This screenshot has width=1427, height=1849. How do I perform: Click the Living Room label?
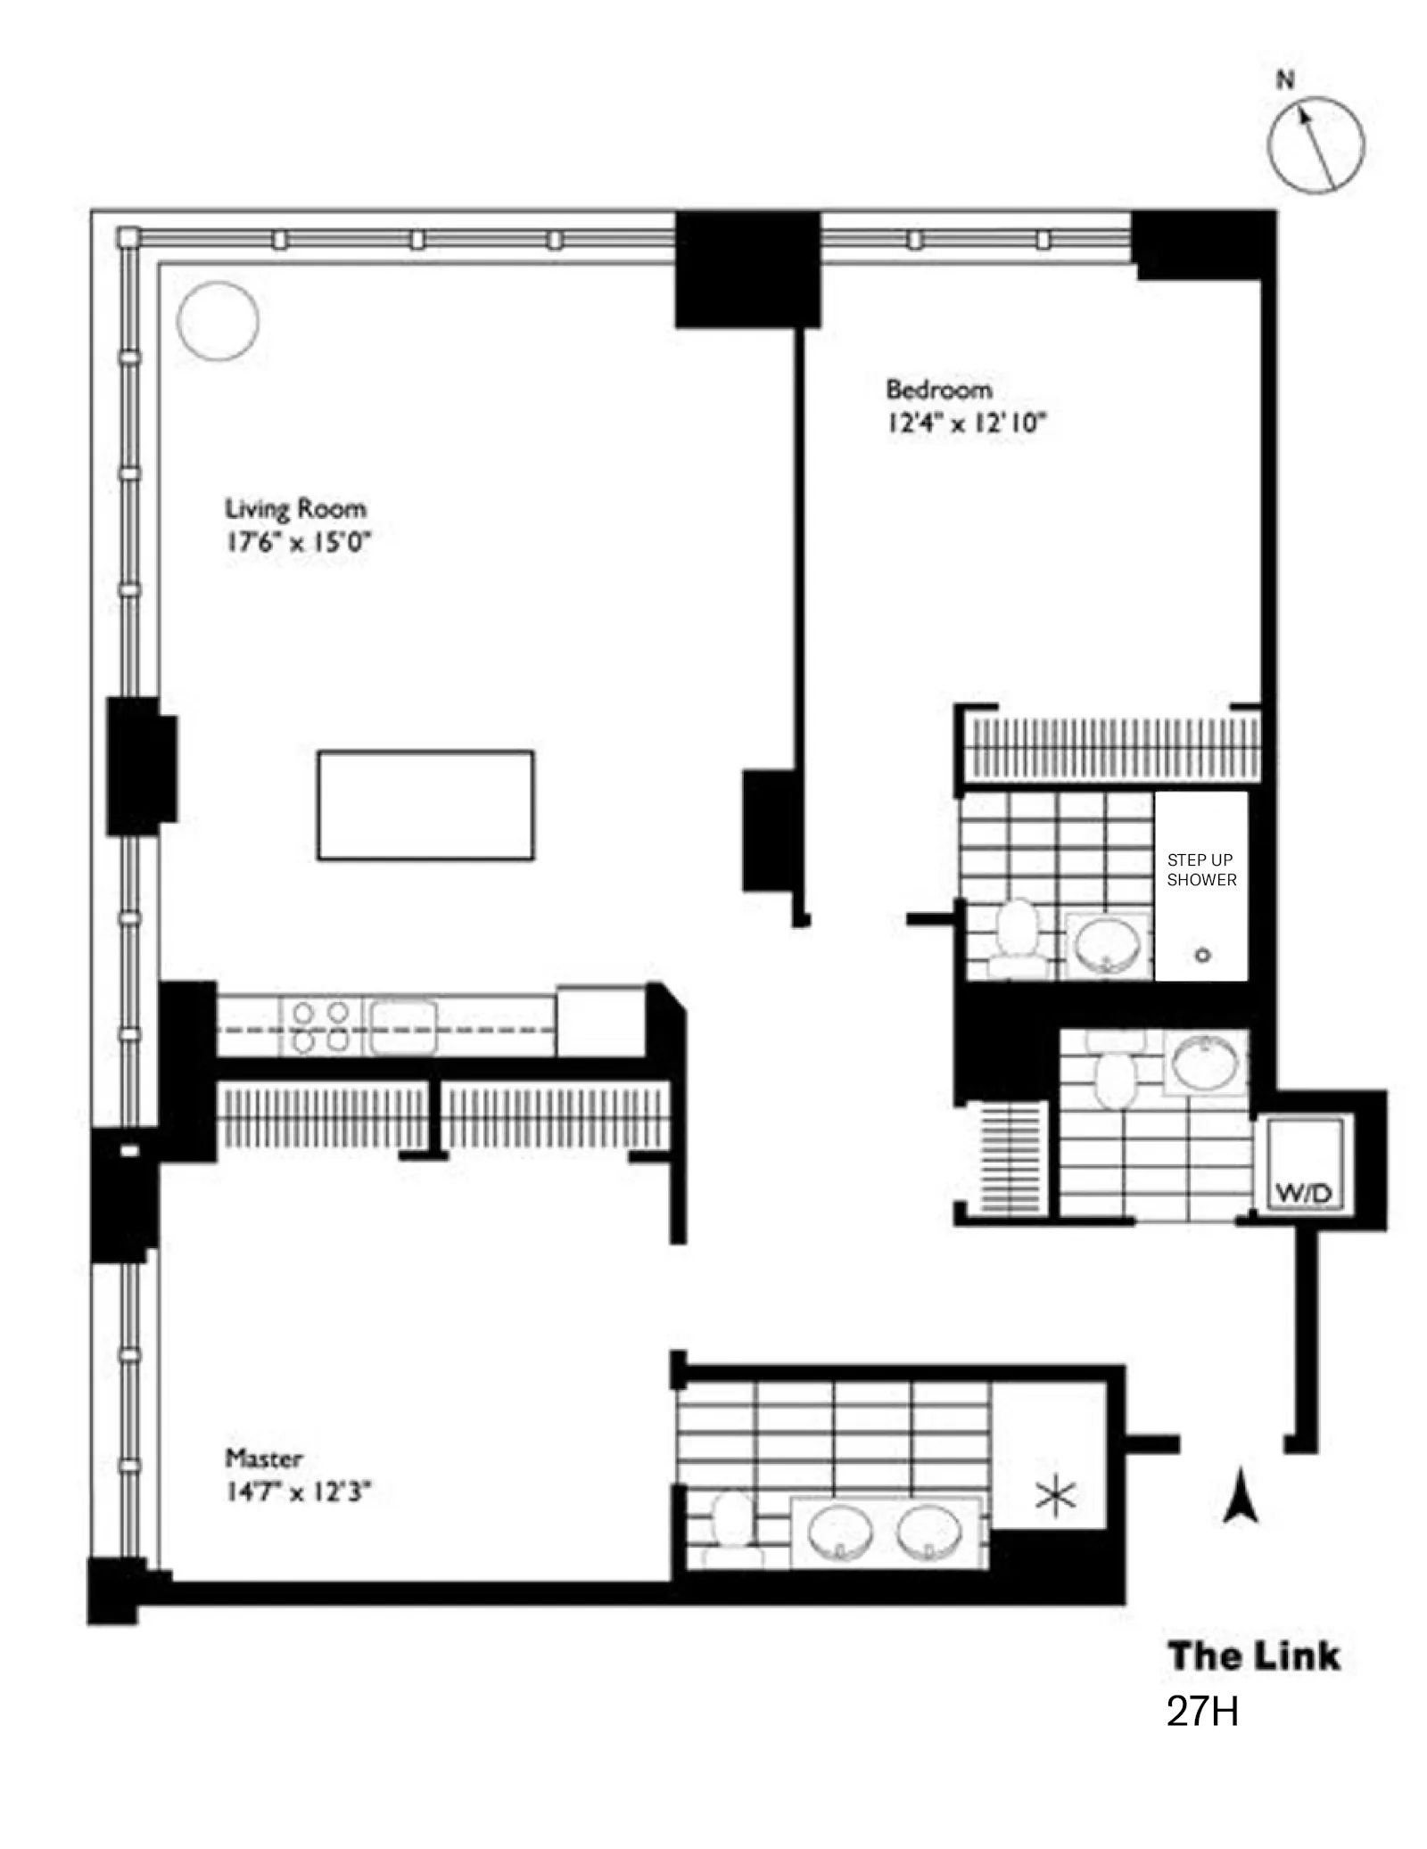(x=295, y=509)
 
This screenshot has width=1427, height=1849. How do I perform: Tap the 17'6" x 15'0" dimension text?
(x=297, y=542)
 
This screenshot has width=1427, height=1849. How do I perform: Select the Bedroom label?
(x=938, y=390)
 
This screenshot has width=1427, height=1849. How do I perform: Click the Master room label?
(x=263, y=1459)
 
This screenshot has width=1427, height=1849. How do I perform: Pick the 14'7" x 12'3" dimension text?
(x=297, y=1492)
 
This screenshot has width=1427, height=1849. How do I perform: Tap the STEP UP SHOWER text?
(x=1201, y=869)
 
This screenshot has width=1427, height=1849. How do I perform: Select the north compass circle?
(x=1316, y=144)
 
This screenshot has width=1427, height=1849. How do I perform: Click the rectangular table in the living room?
(x=425, y=805)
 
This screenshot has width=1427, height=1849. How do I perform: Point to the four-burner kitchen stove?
(x=321, y=1027)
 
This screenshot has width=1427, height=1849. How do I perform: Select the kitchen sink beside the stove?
(x=404, y=1026)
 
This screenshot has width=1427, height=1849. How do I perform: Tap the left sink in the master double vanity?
(x=840, y=1533)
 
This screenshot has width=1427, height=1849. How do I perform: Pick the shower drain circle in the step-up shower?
(x=1202, y=955)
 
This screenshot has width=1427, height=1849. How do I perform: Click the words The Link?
(x=1254, y=1656)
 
